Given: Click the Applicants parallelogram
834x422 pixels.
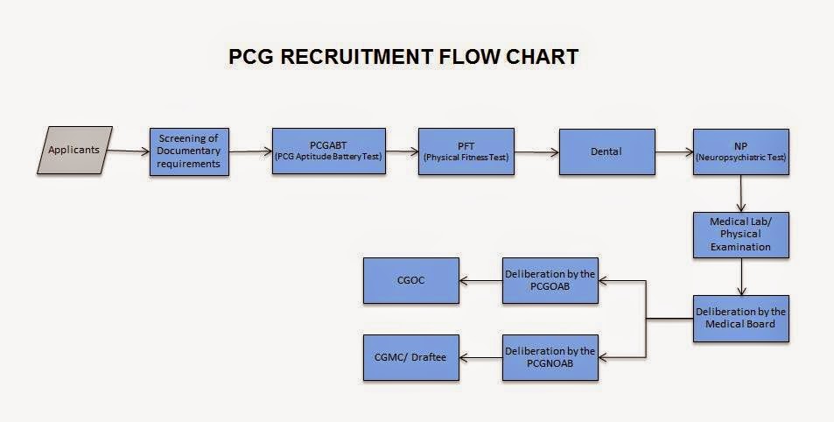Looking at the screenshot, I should pyautogui.click(x=74, y=150).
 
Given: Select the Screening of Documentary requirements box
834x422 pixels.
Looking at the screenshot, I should pyautogui.click(x=189, y=151).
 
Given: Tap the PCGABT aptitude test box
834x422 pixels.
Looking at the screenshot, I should pyautogui.click(x=329, y=151).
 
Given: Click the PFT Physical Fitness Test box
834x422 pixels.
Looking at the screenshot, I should pyautogui.click(x=463, y=151).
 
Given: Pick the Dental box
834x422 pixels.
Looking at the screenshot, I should pyautogui.click(x=606, y=151).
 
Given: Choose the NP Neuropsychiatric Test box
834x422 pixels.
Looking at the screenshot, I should pyautogui.click(x=741, y=151).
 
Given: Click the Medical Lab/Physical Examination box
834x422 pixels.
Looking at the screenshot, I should pyautogui.click(x=741, y=235).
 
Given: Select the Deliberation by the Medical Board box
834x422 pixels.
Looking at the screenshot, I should pyautogui.click(x=741, y=318).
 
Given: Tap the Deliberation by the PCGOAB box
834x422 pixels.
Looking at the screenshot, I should pyautogui.click(x=550, y=280).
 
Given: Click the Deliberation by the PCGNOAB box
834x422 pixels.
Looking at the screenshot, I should pyautogui.click(x=550, y=357).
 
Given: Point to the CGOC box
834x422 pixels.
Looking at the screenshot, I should pyautogui.click(x=410, y=280).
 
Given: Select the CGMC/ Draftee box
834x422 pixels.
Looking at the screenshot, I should pyautogui.click(x=410, y=357).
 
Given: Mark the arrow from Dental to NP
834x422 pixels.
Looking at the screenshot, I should pyautogui.click(x=674, y=151).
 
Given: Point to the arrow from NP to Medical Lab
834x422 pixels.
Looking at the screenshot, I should pyautogui.click(x=741, y=193).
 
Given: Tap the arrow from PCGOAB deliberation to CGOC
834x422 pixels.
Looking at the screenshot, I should pyautogui.click(x=480, y=281).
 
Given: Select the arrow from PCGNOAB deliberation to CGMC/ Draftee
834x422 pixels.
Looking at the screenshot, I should pyautogui.click(x=480, y=357).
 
